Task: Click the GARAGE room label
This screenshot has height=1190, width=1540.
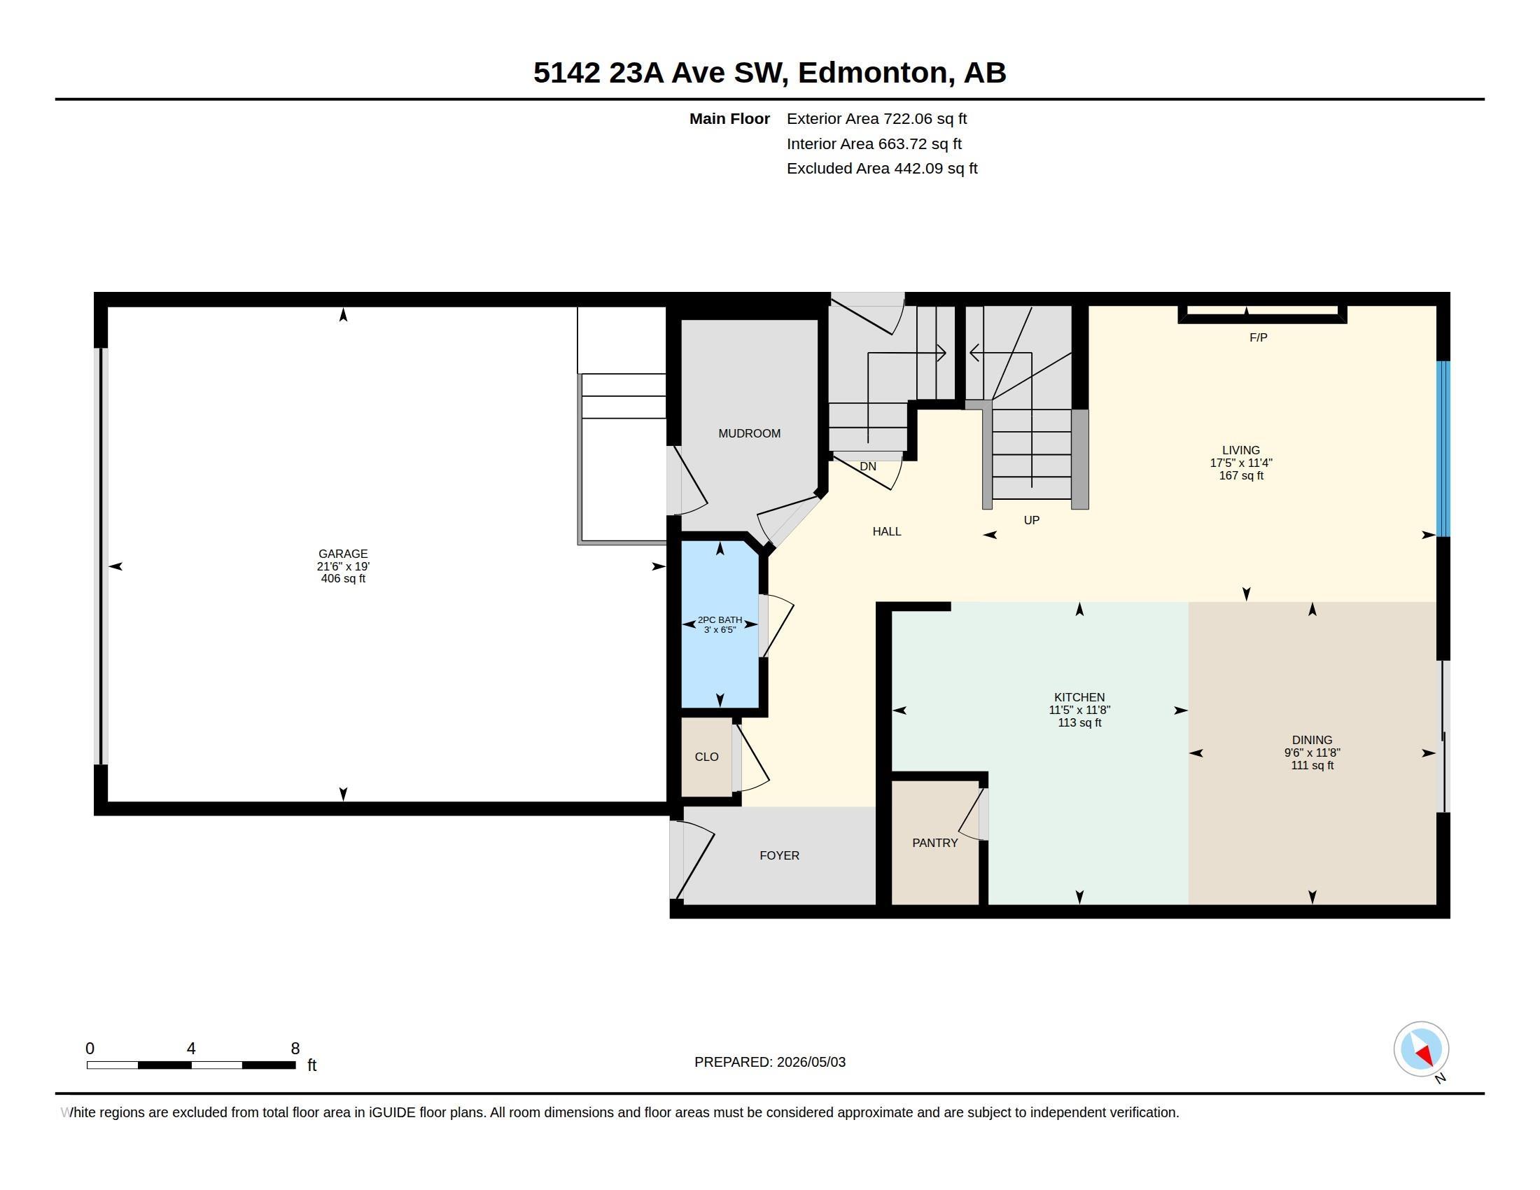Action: (343, 554)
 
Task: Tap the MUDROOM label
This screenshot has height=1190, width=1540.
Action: (749, 433)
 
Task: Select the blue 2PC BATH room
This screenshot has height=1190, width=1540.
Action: (720, 624)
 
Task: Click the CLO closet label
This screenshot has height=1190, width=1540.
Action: (706, 757)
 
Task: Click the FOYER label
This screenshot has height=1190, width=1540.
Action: (779, 855)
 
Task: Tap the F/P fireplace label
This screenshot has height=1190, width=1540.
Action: (1258, 337)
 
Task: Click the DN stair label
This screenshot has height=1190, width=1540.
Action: (868, 467)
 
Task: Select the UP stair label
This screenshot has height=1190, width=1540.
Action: (1032, 520)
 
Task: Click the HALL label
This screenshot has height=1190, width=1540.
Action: (886, 531)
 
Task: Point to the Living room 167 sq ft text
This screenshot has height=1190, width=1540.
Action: (1241, 476)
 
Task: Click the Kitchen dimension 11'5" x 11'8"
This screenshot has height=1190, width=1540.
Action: (1079, 710)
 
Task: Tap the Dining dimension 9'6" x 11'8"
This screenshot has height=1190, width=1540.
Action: (1312, 753)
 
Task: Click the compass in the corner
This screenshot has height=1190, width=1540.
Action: (1421, 1049)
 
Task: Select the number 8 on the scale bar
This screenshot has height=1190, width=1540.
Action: (295, 1049)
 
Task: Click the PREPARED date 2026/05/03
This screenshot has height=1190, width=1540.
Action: (811, 1062)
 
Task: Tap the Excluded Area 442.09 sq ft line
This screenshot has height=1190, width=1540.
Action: (882, 169)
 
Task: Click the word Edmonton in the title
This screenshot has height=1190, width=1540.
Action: (872, 73)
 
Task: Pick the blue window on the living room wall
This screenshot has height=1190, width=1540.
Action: (1443, 449)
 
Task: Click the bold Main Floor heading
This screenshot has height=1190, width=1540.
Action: (729, 118)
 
